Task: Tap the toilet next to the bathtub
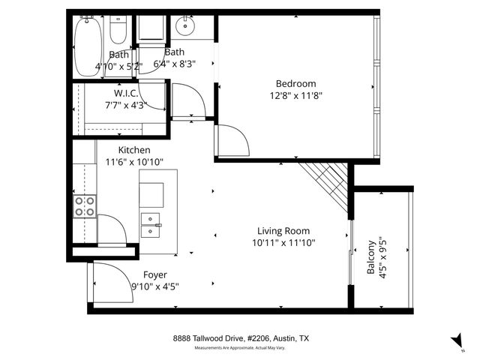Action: (x=118, y=30)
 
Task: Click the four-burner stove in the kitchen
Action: (x=84, y=205)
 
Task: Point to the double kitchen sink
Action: (x=151, y=223)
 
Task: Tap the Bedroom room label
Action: (x=295, y=83)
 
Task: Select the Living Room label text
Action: (x=283, y=231)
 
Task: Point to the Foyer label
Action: (x=154, y=274)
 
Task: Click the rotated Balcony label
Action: (x=371, y=258)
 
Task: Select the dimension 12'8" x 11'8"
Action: (x=295, y=95)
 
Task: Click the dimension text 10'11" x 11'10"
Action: (x=283, y=242)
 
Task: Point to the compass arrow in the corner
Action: (x=456, y=340)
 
